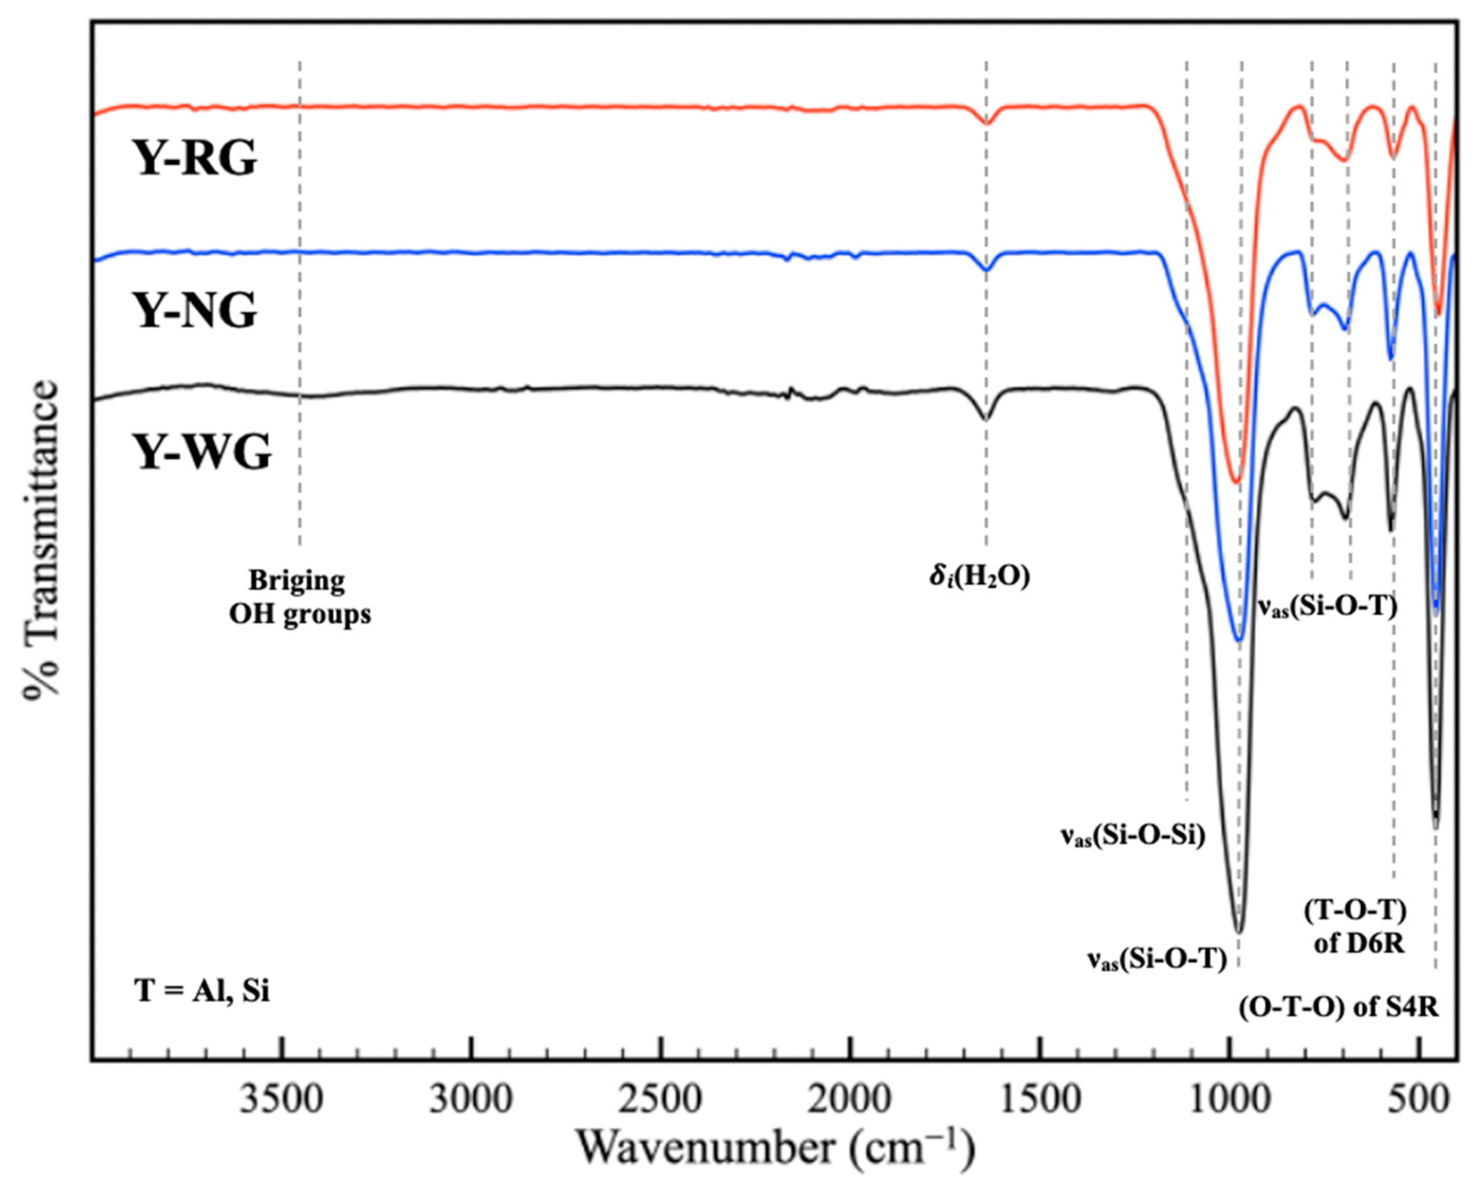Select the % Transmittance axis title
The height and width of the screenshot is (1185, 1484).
[x=42, y=540]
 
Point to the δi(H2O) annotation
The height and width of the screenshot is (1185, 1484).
[x=979, y=577]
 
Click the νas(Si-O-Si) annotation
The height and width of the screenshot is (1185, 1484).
[x=1132, y=836]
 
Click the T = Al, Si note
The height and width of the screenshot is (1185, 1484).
[x=202, y=992]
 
